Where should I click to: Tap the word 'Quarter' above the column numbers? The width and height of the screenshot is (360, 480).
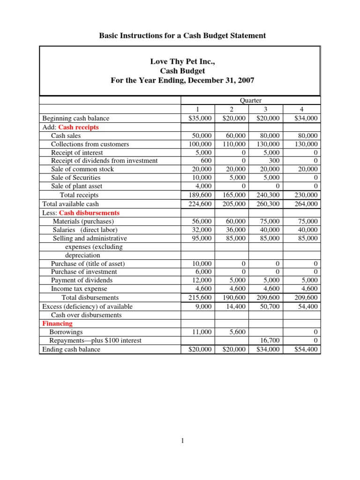click(x=251, y=100)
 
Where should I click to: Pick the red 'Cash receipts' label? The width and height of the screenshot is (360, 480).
click(x=79, y=127)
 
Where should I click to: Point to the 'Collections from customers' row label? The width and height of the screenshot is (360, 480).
click(x=90, y=144)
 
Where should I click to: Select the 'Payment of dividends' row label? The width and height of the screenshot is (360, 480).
click(x=82, y=280)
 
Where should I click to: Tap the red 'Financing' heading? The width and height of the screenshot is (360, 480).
click(x=57, y=323)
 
